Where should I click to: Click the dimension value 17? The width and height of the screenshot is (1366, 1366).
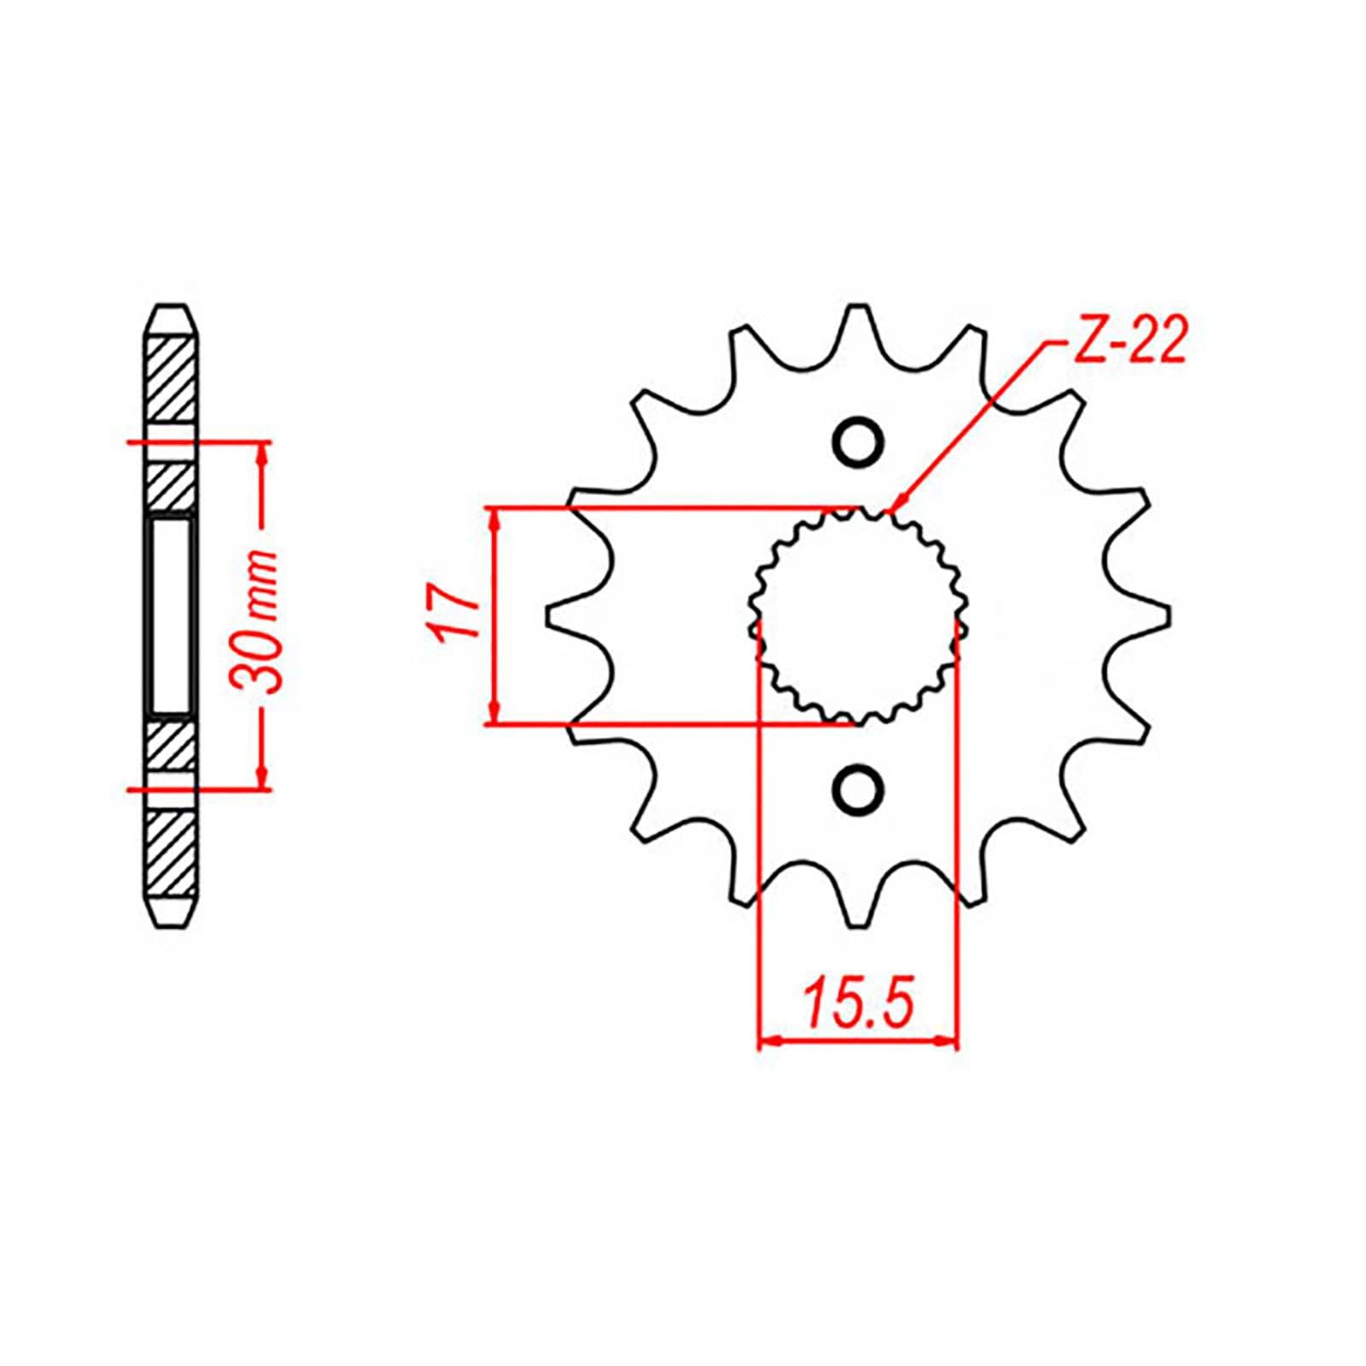[x=451, y=613]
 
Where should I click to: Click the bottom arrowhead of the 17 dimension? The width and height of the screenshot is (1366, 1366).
[x=494, y=715]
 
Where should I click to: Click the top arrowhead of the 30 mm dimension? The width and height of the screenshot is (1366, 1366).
[x=262, y=452]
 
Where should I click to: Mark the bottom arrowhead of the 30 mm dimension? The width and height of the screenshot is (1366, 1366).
[x=262, y=779]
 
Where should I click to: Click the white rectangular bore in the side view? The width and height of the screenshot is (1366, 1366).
[x=172, y=616]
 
